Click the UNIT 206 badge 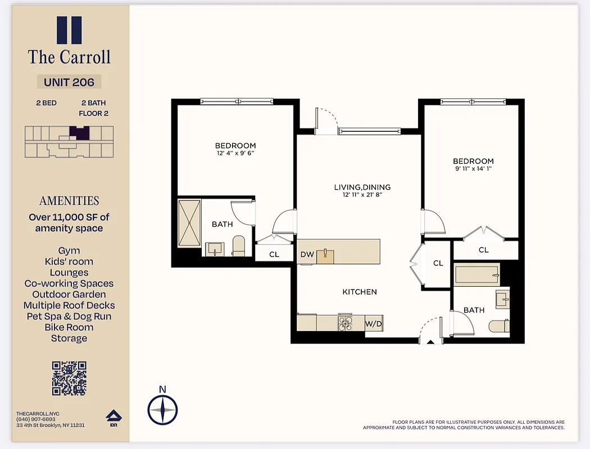pyautogui.click(x=69, y=82)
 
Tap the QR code pyautogui.click(x=69, y=378)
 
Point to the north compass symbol pyautogui.click(x=162, y=410)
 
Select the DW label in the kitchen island pyautogui.click(x=307, y=255)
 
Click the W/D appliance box pyautogui.click(x=373, y=324)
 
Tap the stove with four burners pyautogui.click(x=345, y=323)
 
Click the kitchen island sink pyautogui.click(x=325, y=256)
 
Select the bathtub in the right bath pyautogui.click(x=476, y=275)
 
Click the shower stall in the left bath pyautogui.click(x=189, y=223)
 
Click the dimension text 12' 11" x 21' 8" pyautogui.click(x=362, y=195)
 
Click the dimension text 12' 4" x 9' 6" pyautogui.click(x=235, y=153)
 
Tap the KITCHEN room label pyautogui.click(x=360, y=292)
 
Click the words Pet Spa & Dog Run pyautogui.click(x=69, y=317)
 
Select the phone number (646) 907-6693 pyautogui.click(x=36, y=419)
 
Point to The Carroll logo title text pyautogui.click(x=69, y=57)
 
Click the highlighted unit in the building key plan pyautogui.click(x=79, y=133)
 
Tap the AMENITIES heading pyautogui.click(x=69, y=201)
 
